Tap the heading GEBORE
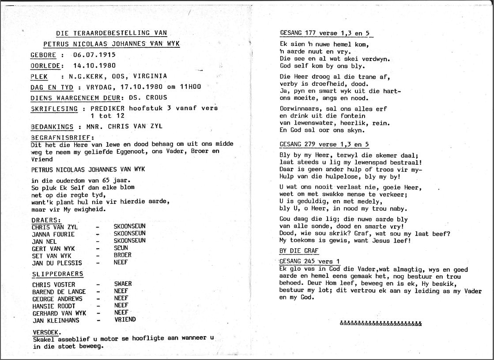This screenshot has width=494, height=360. coord(43,55)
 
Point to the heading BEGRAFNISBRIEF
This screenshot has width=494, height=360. coord(62,137)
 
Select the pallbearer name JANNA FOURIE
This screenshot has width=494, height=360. coord(53,234)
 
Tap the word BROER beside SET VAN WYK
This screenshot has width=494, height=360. coord(122,255)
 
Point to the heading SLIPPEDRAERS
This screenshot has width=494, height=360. coord(57,274)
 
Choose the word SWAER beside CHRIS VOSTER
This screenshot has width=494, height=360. coord(123,284)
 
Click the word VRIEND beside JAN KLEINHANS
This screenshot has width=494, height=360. coord(124,319)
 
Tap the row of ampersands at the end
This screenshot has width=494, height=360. coord(381,323)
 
